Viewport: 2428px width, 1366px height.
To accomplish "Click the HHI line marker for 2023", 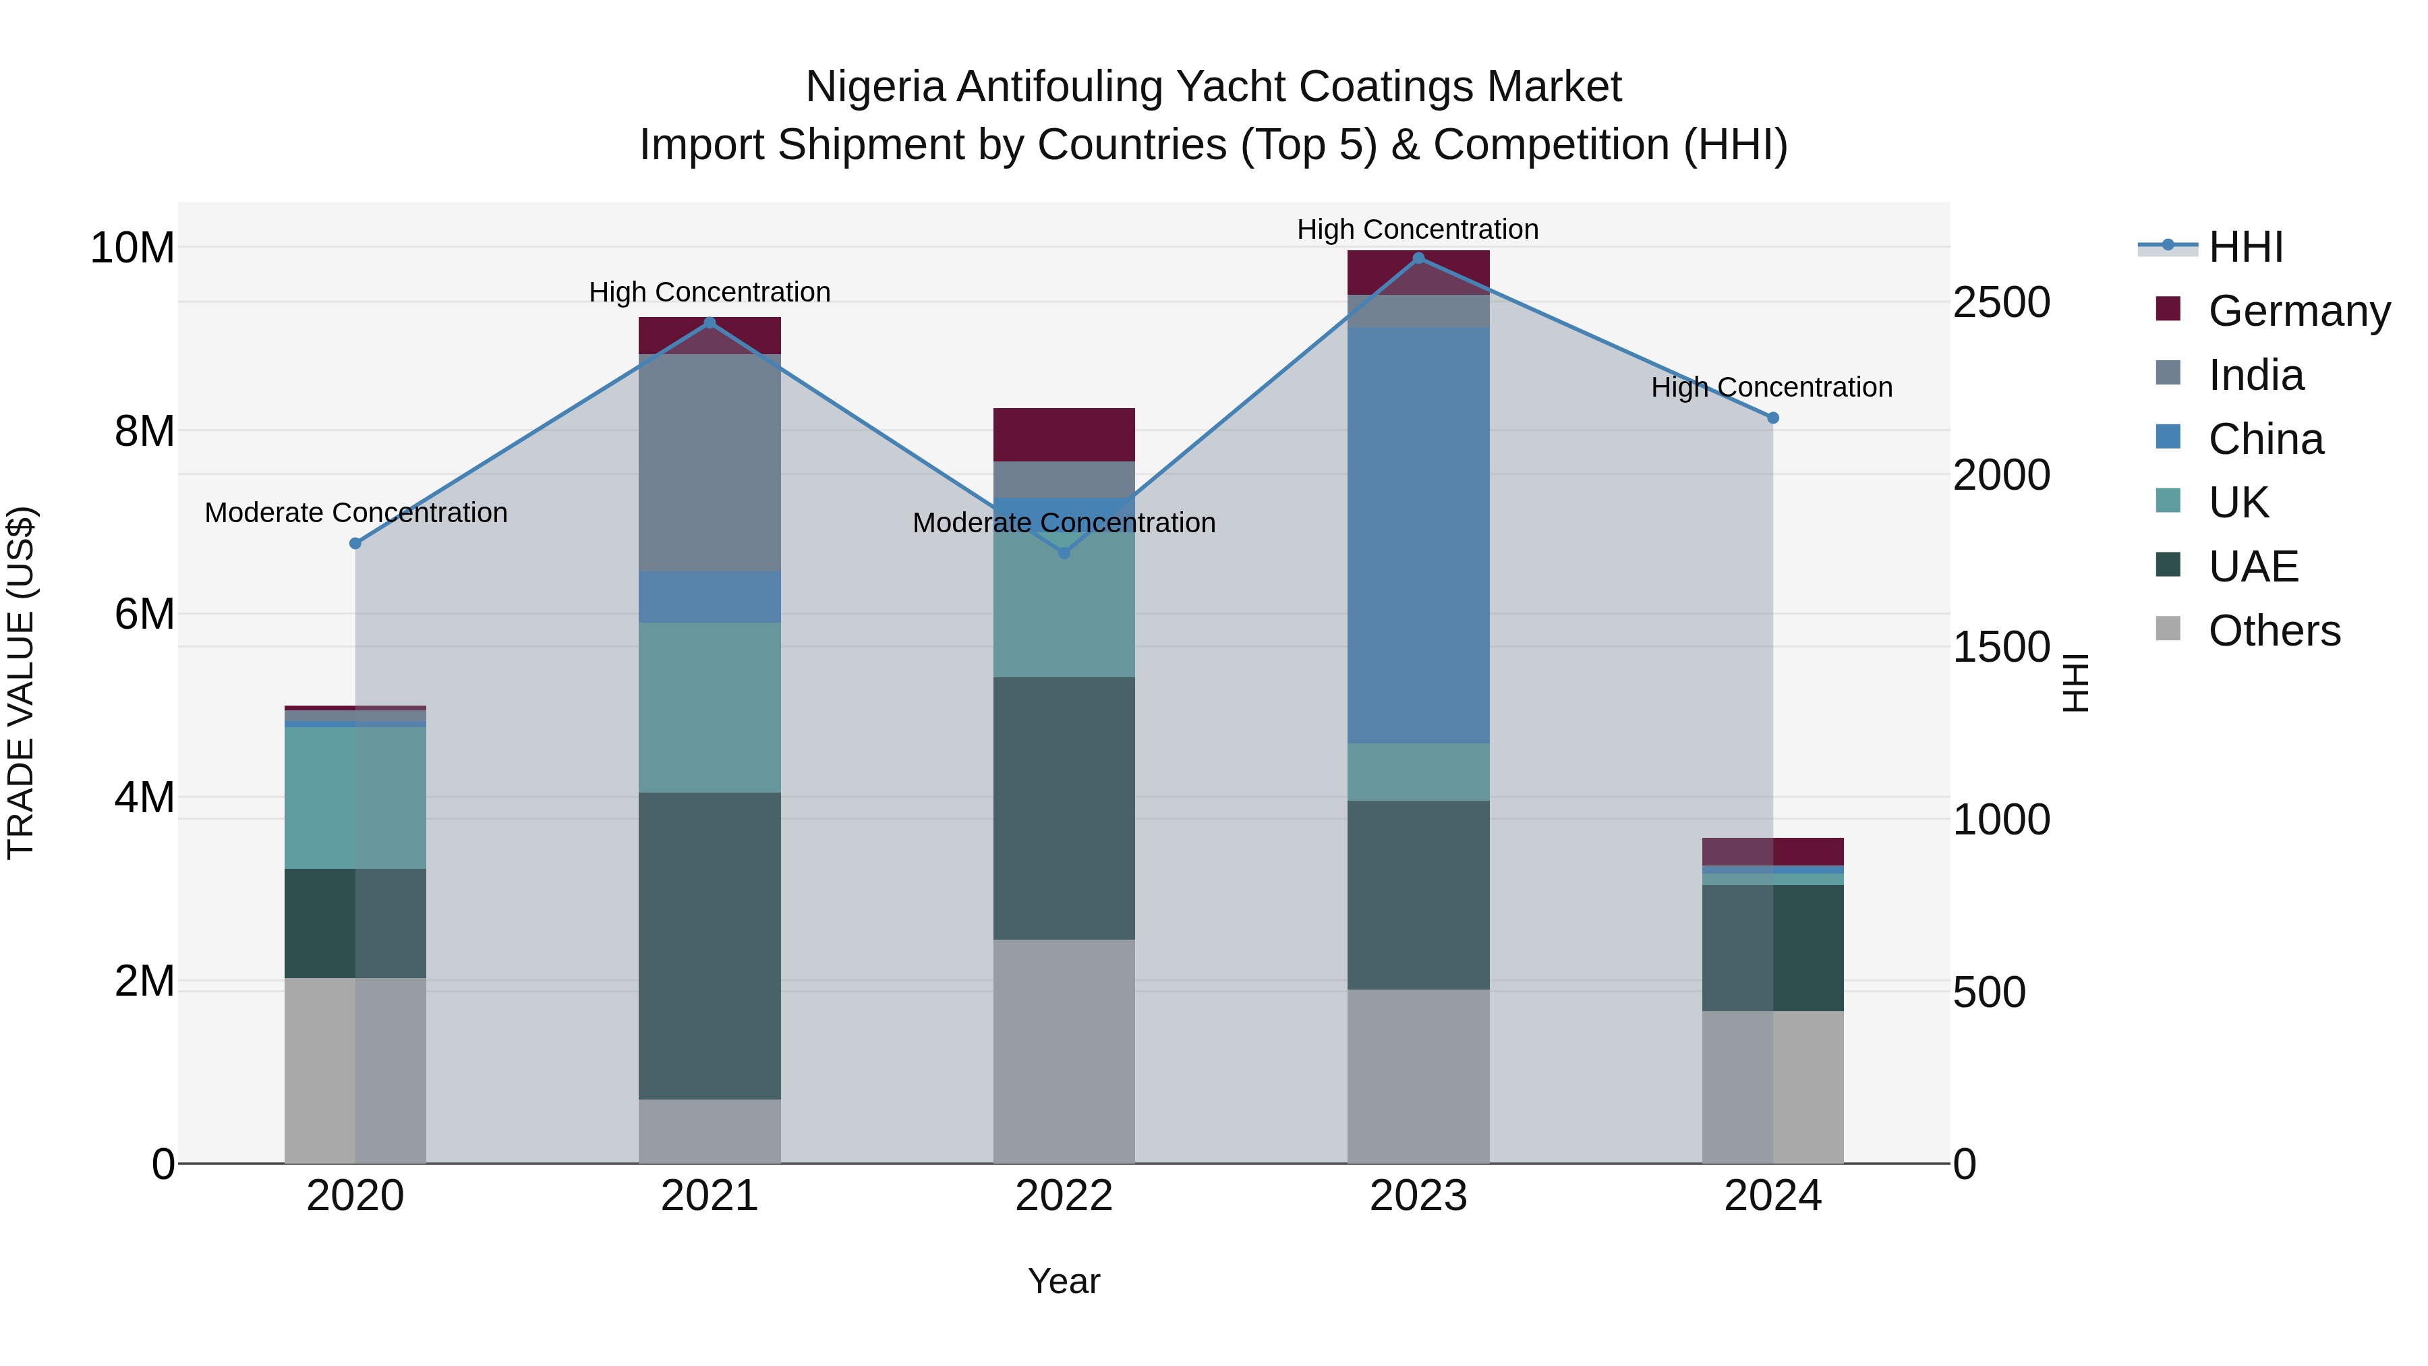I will click(1418, 258).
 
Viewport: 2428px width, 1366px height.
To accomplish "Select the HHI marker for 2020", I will click(355, 543).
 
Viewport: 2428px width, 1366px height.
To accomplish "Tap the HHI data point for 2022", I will click(1064, 552).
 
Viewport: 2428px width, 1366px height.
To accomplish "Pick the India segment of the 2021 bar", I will click(709, 462).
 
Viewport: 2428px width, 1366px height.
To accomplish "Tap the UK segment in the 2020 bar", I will click(355, 797).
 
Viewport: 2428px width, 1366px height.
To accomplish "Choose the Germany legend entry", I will click(2298, 311).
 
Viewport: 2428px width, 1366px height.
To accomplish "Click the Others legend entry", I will click(2274, 631).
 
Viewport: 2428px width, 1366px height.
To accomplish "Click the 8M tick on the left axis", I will click(144, 432).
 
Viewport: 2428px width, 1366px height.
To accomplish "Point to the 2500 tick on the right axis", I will click(2000, 303).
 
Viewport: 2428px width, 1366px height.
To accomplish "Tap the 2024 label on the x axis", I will click(1772, 1196).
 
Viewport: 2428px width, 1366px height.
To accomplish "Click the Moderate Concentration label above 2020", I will click(355, 513).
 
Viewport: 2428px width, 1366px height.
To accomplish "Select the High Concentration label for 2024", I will click(1771, 387).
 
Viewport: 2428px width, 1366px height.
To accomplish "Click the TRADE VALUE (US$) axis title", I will click(21, 683).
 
